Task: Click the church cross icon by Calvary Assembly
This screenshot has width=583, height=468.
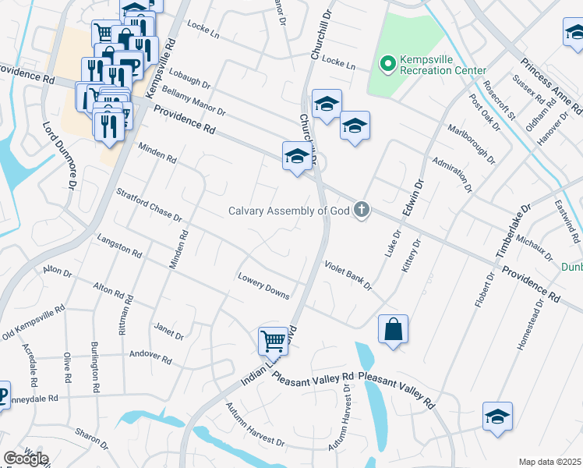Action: coord(361,209)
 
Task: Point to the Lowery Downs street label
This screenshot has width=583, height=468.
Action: coord(264,285)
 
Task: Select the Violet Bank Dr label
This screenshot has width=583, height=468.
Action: coord(348,275)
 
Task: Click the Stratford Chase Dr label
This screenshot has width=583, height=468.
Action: coord(148,206)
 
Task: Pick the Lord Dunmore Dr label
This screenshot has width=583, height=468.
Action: coord(58,155)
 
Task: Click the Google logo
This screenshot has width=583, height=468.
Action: coord(26,458)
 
